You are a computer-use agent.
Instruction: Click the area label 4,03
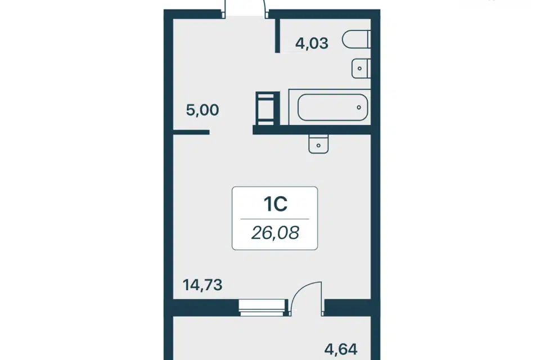(312, 44)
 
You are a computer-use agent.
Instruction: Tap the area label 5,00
(202, 110)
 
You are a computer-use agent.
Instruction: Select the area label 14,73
(202, 285)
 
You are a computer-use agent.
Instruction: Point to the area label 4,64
(341, 349)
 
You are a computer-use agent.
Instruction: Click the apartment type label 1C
(276, 204)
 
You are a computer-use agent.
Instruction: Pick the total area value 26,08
(275, 233)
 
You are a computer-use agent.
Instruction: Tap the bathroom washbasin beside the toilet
(361, 68)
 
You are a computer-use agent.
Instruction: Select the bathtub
(330, 107)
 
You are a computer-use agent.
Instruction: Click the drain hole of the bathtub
(359, 107)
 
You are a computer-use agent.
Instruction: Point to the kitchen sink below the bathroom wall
(318, 143)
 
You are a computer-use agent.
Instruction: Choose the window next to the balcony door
(263, 308)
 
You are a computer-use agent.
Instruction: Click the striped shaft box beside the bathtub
(265, 108)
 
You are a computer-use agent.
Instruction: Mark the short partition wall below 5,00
(191, 132)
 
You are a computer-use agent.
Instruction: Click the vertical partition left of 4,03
(277, 35)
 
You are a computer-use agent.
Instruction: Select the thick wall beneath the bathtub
(312, 129)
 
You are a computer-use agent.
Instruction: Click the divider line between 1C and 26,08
(274, 219)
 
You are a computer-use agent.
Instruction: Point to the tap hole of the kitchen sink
(318, 146)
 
